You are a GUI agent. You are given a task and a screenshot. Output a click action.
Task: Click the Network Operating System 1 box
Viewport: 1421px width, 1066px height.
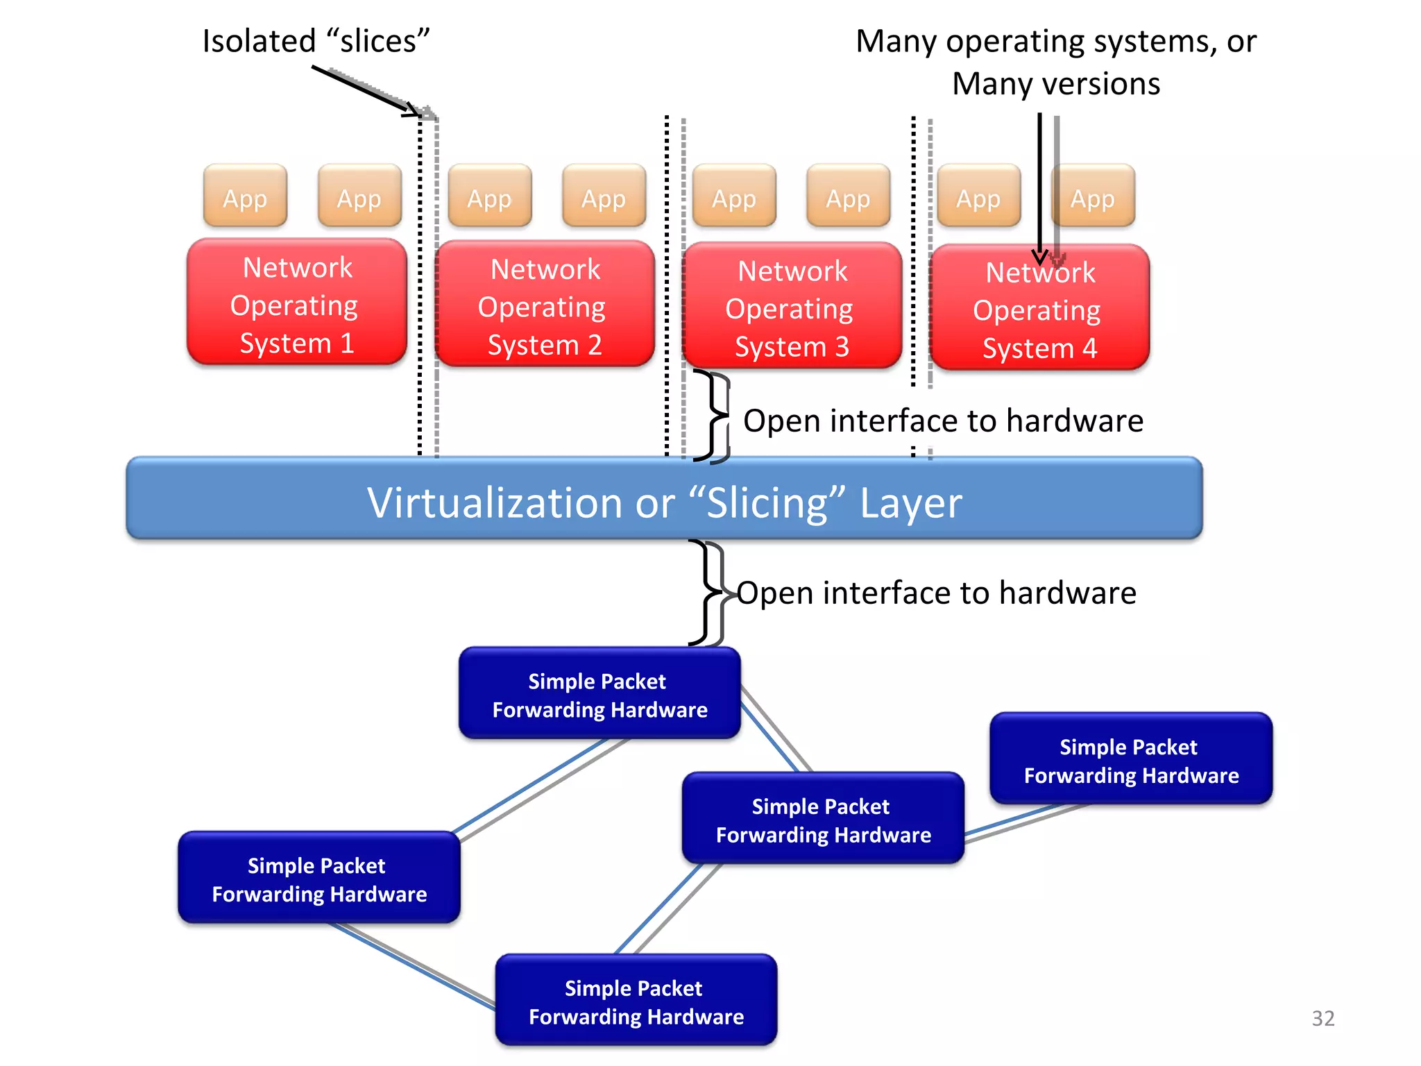point(297,303)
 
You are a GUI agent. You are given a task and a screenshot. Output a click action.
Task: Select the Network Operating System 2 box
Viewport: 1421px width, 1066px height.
point(545,305)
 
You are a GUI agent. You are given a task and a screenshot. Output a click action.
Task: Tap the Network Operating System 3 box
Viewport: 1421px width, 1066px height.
point(792,306)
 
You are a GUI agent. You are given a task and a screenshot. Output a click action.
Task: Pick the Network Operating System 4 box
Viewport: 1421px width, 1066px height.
point(1039,308)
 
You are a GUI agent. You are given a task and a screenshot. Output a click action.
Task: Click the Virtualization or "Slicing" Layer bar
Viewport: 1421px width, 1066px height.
point(664,499)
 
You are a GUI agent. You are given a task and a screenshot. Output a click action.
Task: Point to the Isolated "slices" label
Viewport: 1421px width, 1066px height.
point(316,41)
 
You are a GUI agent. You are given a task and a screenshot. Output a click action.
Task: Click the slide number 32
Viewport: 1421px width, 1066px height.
point(1322,1018)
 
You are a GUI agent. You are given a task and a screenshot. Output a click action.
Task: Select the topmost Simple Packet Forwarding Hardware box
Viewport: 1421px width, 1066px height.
point(599,694)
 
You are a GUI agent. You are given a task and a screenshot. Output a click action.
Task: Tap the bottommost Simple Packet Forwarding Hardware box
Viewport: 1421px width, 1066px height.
point(636,1001)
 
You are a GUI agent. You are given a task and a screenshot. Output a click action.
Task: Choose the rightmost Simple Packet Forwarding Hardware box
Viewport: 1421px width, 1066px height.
point(1131,759)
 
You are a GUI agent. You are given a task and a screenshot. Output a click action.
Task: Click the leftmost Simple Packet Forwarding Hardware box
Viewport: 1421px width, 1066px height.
point(318,879)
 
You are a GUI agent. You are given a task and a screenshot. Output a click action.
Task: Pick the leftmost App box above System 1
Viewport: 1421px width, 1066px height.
point(245,196)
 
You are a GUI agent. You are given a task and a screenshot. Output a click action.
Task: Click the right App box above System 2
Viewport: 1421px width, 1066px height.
point(604,196)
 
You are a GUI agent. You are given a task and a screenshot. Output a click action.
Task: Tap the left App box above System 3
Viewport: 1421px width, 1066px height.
point(733,196)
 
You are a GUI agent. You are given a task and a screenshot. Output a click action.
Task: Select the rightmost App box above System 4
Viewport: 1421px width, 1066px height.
point(1093,196)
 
